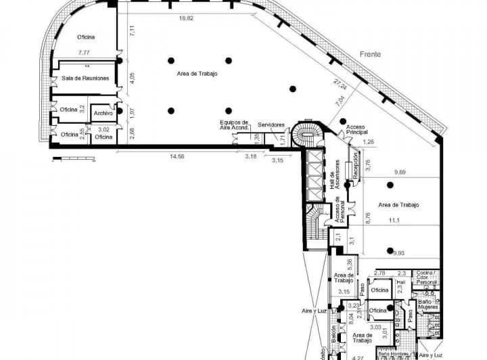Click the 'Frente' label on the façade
[370, 53]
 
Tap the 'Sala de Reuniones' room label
[85, 78]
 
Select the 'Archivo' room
[103, 113]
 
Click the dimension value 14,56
[177, 156]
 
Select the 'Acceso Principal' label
[356, 129]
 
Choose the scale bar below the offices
[73, 160]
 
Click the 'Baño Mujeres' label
[427, 303]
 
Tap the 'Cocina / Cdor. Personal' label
[427, 277]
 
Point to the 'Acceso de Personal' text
[337, 212]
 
